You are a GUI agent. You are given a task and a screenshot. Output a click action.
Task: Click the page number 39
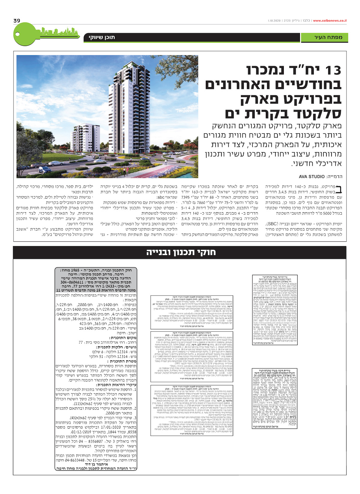click(17, 21)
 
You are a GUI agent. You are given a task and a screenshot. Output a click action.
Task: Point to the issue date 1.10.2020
click(273, 21)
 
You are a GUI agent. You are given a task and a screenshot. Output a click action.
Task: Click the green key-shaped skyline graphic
click(45, 34)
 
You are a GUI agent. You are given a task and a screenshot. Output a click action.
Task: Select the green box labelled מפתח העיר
click(324, 38)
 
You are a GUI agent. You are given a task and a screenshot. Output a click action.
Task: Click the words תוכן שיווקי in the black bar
click(102, 38)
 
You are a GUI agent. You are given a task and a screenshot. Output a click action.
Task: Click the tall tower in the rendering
click(124, 108)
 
